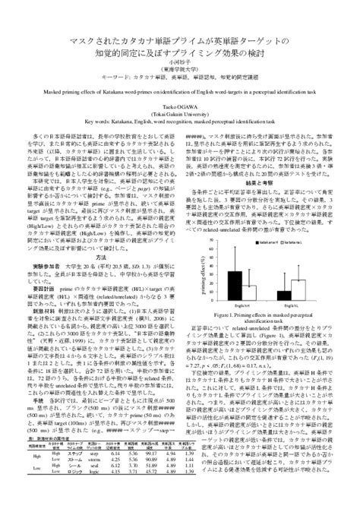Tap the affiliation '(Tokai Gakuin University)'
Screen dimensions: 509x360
click(x=180, y=115)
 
